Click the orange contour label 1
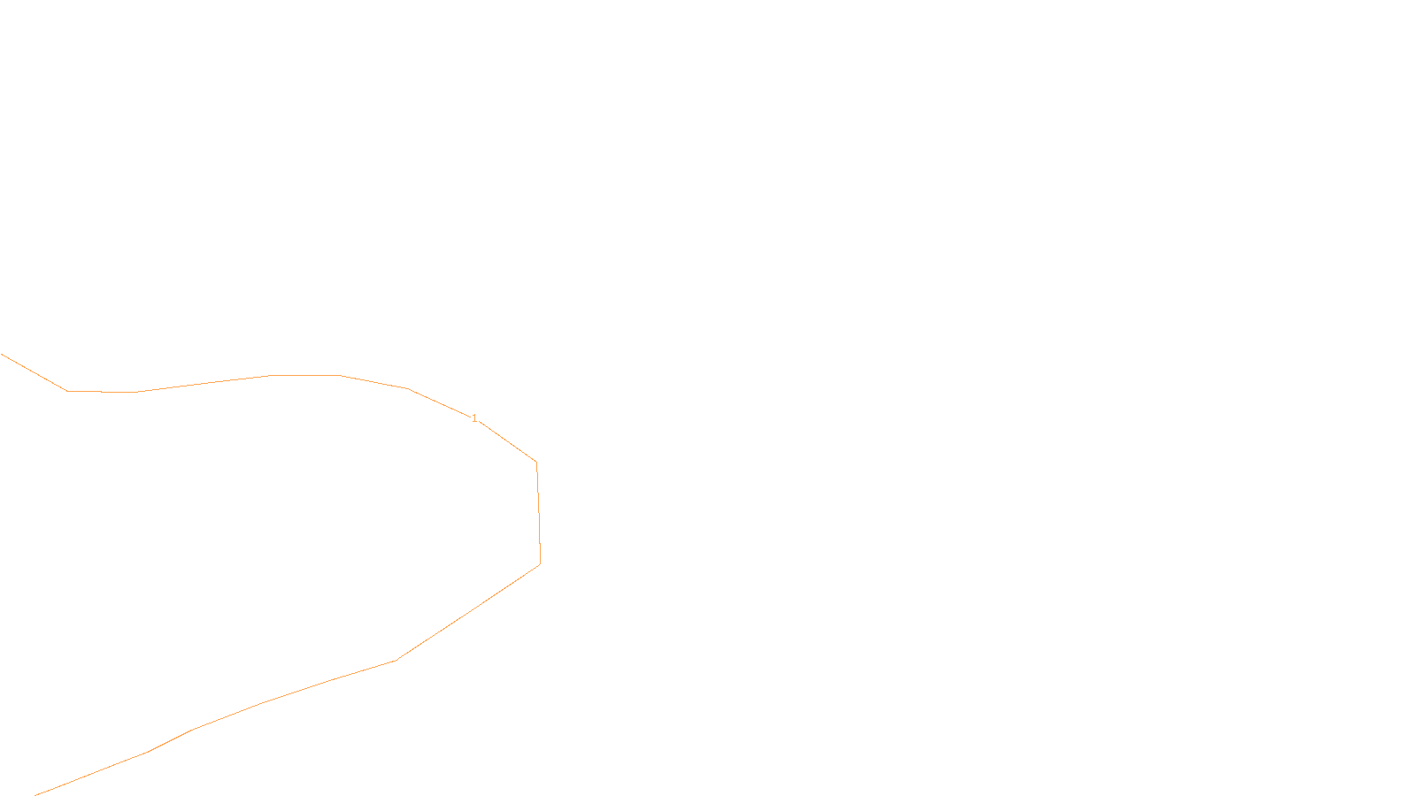[x=474, y=418]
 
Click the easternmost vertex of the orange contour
[x=540, y=564]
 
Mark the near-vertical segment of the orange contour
[x=538, y=513]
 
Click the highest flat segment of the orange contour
[x=305, y=375]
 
